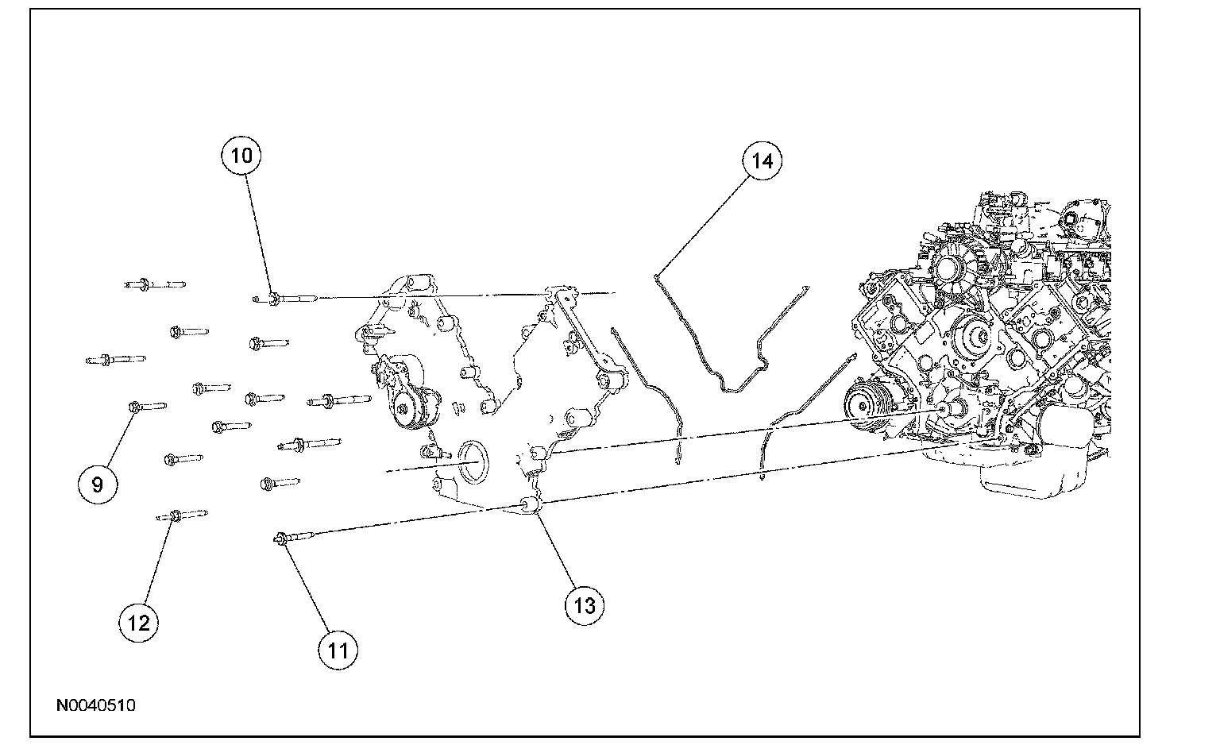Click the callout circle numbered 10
coord(241,156)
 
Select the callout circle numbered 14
coord(762,161)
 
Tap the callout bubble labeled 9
coord(98,484)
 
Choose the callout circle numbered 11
coord(338,650)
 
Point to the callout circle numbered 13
coord(584,606)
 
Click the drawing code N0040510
coord(96,705)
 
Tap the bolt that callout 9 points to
coord(146,407)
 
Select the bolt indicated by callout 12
coord(182,515)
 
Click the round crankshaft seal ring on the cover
coord(470,460)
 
